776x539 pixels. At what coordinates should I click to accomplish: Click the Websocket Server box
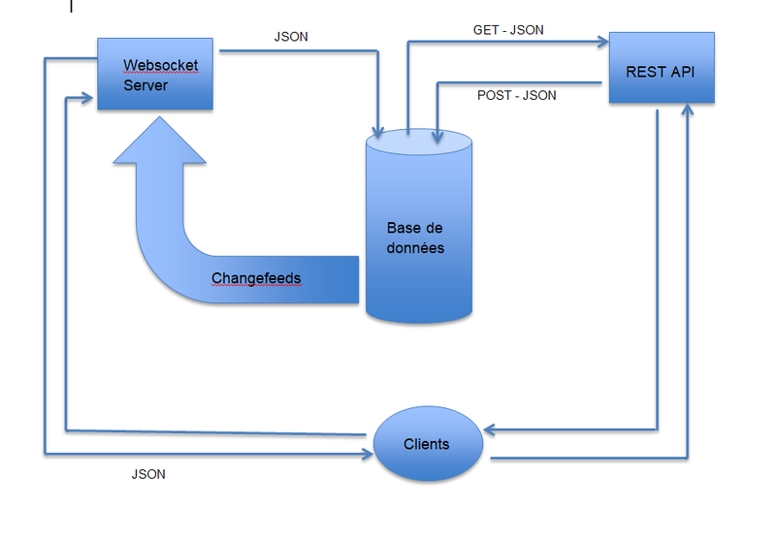(x=154, y=74)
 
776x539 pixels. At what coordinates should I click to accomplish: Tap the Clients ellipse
(x=427, y=444)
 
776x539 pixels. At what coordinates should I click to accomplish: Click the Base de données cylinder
(x=419, y=233)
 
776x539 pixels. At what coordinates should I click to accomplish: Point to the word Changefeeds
(x=256, y=278)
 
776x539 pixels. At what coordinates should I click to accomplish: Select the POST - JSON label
(x=517, y=95)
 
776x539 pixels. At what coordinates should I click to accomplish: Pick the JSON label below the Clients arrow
(x=147, y=474)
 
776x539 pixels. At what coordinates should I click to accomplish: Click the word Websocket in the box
(x=160, y=66)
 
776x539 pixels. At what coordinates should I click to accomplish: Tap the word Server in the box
(x=145, y=85)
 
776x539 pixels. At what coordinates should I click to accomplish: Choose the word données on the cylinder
(x=416, y=248)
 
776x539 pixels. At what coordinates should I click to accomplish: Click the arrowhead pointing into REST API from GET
(x=602, y=42)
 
